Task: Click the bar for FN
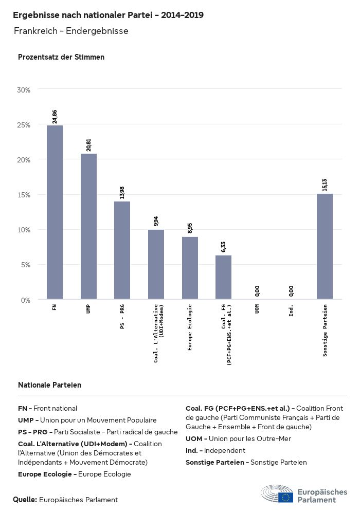pyautogui.click(x=55, y=212)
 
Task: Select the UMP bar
pyautogui.click(x=88, y=226)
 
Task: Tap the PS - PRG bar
pyautogui.click(x=122, y=250)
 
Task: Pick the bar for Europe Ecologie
pyautogui.click(x=190, y=268)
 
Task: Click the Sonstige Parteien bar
pyautogui.click(x=325, y=246)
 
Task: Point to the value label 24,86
pyautogui.click(x=55, y=116)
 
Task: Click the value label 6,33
pyautogui.click(x=223, y=247)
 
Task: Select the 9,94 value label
pyautogui.click(x=156, y=221)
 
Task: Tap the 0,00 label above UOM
pyautogui.click(x=257, y=291)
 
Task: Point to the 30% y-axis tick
pyautogui.click(x=24, y=90)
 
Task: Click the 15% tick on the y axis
pyautogui.click(x=24, y=195)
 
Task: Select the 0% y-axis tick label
pyautogui.click(x=26, y=300)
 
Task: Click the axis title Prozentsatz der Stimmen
pyautogui.click(x=61, y=57)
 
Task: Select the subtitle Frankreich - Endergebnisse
pyautogui.click(x=71, y=31)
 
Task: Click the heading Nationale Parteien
pyautogui.click(x=49, y=384)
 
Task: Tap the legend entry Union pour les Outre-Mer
pyautogui.click(x=238, y=438)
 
